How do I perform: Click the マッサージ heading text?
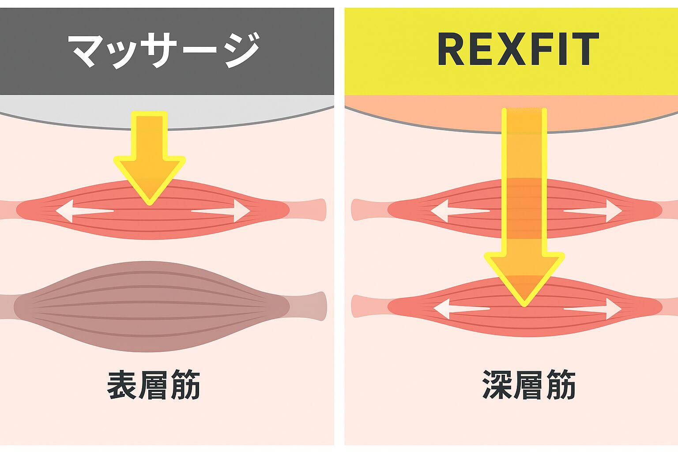click(164, 49)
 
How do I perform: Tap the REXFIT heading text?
click(517, 49)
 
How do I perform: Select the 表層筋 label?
click(153, 385)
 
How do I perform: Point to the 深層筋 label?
click(529, 385)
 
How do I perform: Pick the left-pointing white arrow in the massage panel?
click(84, 211)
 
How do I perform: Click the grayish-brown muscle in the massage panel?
click(150, 307)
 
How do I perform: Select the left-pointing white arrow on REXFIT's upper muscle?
click(459, 211)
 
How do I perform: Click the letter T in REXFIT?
click(584, 49)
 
